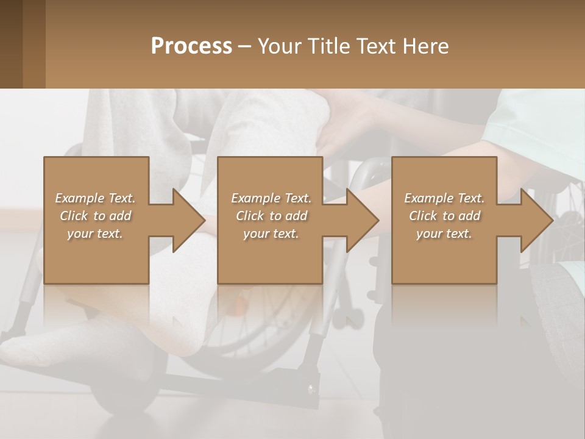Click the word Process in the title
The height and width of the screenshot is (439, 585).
pyautogui.click(x=191, y=46)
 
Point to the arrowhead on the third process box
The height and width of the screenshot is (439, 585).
pyautogui.click(x=536, y=220)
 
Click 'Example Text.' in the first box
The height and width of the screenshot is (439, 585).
pyautogui.click(x=95, y=198)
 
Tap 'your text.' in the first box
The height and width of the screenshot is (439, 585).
pyautogui.click(x=95, y=234)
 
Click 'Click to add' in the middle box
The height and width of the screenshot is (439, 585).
pyautogui.click(x=271, y=216)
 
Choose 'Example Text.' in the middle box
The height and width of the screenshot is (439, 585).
pyautogui.click(x=271, y=198)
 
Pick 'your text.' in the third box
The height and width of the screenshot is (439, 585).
pyautogui.click(x=444, y=234)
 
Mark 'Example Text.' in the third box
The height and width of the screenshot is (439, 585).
pyautogui.click(x=444, y=198)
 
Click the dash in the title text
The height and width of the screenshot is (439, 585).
pyautogui.click(x=245, y=46)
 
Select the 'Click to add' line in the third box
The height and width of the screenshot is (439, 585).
pyautogui.click(x=444, y=216)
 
